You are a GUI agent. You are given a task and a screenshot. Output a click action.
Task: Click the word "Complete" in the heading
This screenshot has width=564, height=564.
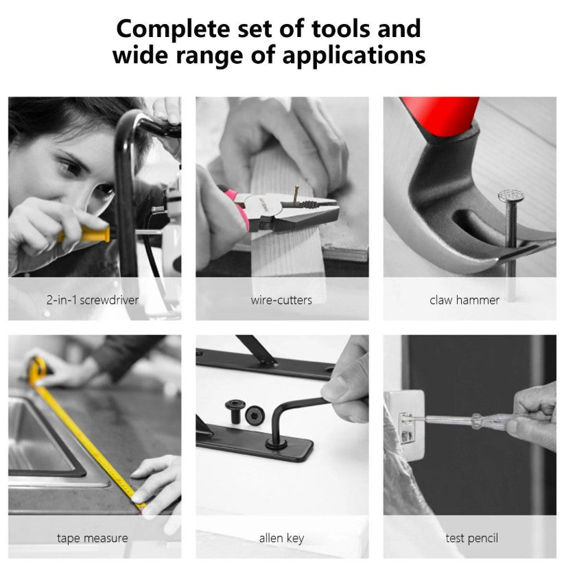(173, 30)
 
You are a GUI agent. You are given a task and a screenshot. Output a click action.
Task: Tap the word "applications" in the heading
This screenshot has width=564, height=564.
(354, 56)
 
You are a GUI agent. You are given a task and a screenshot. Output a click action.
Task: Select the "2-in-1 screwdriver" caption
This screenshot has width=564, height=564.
(93, 300)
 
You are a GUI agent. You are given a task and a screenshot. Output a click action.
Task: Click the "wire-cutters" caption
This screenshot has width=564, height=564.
(281, 300)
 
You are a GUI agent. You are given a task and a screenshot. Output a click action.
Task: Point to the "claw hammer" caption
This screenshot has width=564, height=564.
(465, 300)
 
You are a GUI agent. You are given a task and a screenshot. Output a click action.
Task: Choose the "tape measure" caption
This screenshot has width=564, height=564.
(93, 538)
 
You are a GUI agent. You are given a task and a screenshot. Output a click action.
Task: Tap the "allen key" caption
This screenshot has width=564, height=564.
(281, 538)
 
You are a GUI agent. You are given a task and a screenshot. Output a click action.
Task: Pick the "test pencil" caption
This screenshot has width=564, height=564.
(471, 538)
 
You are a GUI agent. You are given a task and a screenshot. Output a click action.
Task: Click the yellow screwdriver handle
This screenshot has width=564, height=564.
(86, 234)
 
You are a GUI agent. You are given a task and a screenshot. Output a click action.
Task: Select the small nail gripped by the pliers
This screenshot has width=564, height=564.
(296, 196)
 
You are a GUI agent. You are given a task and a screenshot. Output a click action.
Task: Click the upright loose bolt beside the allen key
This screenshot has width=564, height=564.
(235, 411)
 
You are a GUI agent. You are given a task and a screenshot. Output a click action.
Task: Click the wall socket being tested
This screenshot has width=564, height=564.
(404, 425)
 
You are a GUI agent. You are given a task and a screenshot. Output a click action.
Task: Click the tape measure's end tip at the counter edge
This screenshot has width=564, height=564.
(141, 506)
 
